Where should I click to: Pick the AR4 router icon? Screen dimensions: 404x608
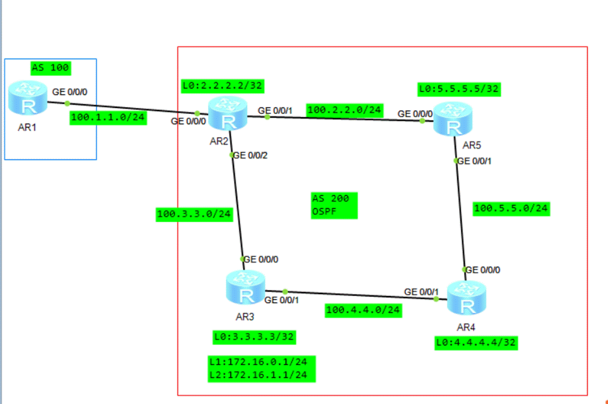coord(466,298)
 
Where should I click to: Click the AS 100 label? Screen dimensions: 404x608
coord(51,68)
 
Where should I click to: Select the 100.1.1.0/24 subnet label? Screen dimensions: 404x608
coord(108,118)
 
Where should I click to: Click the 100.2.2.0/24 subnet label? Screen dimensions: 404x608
coord(344,110)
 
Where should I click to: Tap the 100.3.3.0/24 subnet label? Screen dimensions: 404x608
coord(194,214)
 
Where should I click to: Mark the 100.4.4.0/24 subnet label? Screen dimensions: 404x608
coord(363,310)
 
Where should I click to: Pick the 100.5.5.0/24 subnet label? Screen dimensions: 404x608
coord(511,209)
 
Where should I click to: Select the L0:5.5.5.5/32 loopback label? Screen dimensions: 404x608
coord(459,89)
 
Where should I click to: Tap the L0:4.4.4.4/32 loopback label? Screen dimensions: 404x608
coord(475,342)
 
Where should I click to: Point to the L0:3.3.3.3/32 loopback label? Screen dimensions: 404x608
coord(253,336)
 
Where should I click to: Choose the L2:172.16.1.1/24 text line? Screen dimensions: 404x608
coord(261,375)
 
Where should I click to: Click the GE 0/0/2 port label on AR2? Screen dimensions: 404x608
coord(250,156)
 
